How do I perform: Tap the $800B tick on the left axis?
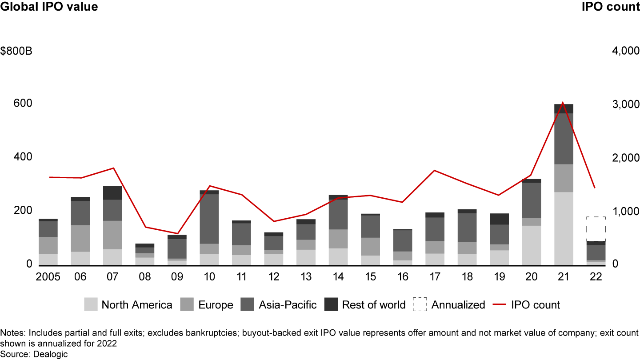pyautogui.click(x=16, y=52)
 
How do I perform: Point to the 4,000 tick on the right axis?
pyautogui.click(x=625, y=52)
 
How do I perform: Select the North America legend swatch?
pyautogui.click(x=91, y=304)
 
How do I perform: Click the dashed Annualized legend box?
pyautogui.click(x=420, y=304)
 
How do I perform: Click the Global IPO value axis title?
pyautogui.click(x=49, y=7)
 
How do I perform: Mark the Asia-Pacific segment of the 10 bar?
pyautogui.click(x=209, y=219)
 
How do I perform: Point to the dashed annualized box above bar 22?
pyautogui.click(x=596, y=229)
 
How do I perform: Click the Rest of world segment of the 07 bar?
pyautogui.click(x=112, y=193)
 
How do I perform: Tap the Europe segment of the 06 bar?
pyautogui.click(x=80, y=238)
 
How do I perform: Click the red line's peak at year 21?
pyautogui.click(x=563, y=103)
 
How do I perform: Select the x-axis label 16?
pyautogui.click(x=402, y=276)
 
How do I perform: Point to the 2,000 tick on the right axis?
pyautogui.click(x=625, y=159)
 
